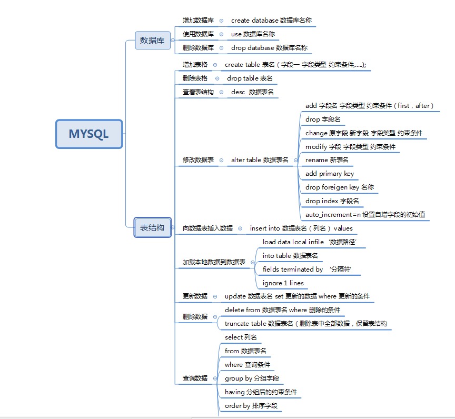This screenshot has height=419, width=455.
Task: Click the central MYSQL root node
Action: [x=89, y=134]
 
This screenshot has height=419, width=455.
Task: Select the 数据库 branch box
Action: [x=153, y=41]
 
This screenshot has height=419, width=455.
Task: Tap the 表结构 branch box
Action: [x=152, y=228]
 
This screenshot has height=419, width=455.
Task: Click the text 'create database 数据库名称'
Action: [x=271, y=21]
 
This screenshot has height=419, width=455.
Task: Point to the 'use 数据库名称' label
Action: [x=253, y=34]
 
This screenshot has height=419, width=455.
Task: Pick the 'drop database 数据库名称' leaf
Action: [x=269, y=48]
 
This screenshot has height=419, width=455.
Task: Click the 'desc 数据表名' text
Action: [x=252, y=92]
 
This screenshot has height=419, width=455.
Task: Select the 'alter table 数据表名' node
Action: [x=260, y=160]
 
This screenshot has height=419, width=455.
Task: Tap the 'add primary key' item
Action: [x=330, y=174]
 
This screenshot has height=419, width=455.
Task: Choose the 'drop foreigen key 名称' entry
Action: [x=340, y=187]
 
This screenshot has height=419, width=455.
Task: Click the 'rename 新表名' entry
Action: [x=327, y=160]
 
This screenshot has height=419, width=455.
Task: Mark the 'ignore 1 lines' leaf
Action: [x=283, y=283]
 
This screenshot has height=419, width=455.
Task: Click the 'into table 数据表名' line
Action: [x=290, y=256]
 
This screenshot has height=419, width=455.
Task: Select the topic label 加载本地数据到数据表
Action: [x=214, y=262]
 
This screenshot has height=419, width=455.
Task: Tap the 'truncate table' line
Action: [x=305, y=324]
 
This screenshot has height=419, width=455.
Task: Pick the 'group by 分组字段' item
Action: [x=252, y=378]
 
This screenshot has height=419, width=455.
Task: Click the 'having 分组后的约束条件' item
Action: [x=261, y=392]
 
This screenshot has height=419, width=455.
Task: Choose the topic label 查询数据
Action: [x=195, y=378]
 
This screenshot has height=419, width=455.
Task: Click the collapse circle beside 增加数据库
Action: [x=221, y=21]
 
